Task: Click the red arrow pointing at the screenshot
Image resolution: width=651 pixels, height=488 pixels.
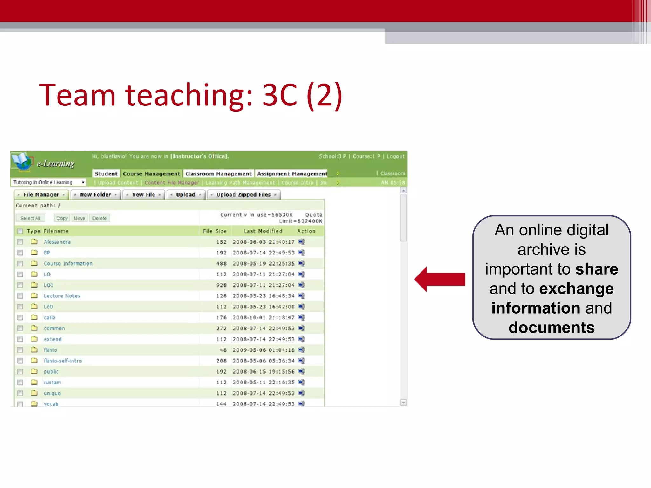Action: (x=440, y=279)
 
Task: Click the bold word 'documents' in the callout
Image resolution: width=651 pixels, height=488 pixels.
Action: (x=552, y=328)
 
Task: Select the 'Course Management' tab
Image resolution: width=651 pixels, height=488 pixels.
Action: (x=151, y=173)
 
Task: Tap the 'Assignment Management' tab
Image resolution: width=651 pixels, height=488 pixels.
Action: (x=292, y=173)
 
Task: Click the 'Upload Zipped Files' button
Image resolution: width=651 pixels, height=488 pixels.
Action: (x=243, y=195)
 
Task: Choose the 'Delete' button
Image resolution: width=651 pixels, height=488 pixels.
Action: (x=99, y=218)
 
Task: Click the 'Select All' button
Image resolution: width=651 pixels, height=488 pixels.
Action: (x=30, y=218)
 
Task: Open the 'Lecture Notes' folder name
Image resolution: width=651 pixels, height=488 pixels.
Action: (x=62, y=296)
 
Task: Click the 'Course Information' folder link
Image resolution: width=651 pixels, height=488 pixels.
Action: (x=68, y=264)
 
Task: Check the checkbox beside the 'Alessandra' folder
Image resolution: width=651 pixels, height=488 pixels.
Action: (x=20, y=242)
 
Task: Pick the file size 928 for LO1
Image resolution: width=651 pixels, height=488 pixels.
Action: (x=222, y=285)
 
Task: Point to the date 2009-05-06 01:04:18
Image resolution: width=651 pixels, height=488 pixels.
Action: (x=264, y=350)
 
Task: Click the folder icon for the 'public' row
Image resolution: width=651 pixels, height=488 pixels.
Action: (x=34, y=371)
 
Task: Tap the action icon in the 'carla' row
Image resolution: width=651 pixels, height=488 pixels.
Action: (x=301, y=317)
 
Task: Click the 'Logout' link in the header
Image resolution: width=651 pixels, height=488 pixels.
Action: (x=395, y=156)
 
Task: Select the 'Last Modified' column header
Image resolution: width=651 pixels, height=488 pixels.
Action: (x=263, y=231)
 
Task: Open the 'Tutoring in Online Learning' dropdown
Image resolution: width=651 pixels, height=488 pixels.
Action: (x=49, y=182)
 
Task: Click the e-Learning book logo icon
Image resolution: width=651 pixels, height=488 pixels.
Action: (x=22, y=161)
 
